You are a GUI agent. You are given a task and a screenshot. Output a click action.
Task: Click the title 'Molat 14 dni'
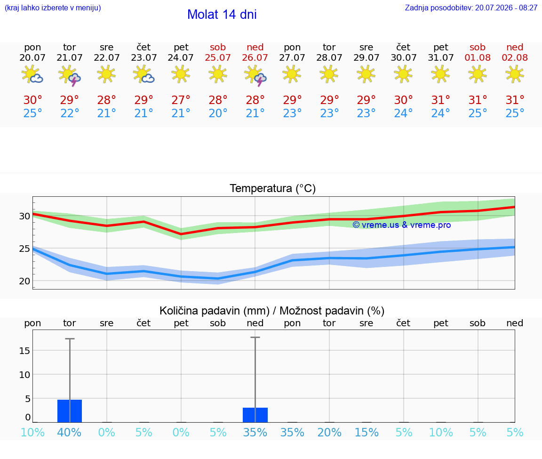pyautogui.click(x=222, y=15)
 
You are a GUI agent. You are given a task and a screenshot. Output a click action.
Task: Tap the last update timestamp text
pyautogui.click(x=471, y=8)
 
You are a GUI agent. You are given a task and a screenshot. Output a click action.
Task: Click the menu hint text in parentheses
pyautogui.click(x=53, y=8)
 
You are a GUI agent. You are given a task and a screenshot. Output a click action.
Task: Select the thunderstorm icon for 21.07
pyautogui.click(x=70, y=75)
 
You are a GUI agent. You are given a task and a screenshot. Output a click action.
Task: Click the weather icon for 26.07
pyautogui.click(x=255, y=75)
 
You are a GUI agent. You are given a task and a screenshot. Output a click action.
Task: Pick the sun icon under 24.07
pyautogui.click(x=181, y=74)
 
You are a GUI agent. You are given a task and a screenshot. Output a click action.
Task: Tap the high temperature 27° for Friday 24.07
pyautogui.click(x=181, y=100)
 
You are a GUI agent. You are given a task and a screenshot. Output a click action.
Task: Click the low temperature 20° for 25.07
pyautogui.click(x=218, y=113)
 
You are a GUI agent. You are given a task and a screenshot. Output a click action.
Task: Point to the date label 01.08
pyautogui.click(x=478, y=57)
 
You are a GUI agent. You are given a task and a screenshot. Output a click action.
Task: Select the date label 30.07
pyautogui.click(x=403, y=57)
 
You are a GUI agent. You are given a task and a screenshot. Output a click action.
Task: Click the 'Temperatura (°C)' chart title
pyautogui.click(x=273, y=188)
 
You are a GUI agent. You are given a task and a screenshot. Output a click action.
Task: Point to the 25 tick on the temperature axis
pyautogui.click(x=24, y=249)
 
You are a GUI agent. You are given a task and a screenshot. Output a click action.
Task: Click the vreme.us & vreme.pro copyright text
pyautogui.click(x=402, y=225)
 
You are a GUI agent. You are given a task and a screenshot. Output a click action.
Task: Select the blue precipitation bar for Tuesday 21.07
pyautogui.click(x=70, y=411)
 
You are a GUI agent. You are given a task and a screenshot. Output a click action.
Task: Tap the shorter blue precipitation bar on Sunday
pyautogui.click(x=255, y=415)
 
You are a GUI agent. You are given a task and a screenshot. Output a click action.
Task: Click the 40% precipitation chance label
pyautogui.click(x=70, y=432)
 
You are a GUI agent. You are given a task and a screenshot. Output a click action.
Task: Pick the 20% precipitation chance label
pyautogui.click(x=329, y=432)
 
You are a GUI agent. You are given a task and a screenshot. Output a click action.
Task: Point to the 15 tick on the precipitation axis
pyautogui.click(x=24, y=350)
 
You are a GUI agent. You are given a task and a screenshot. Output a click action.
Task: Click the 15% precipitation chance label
pyautogui.click(x=367, y=432)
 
